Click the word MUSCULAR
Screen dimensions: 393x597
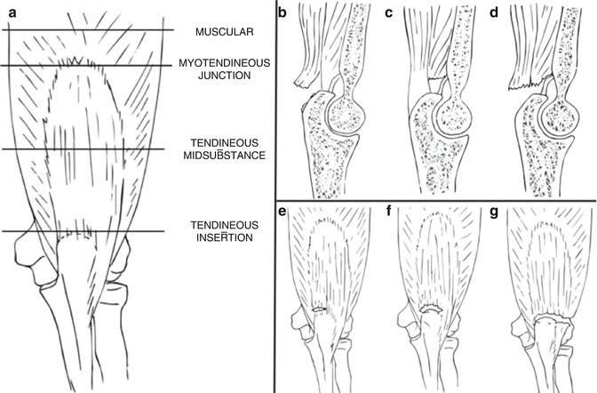pos(225,32)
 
